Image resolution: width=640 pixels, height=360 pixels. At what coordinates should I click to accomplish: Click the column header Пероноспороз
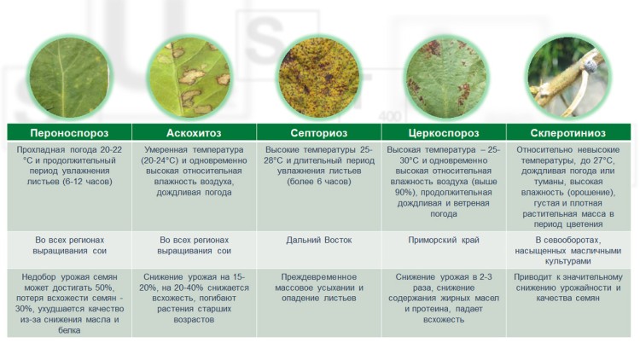[x=69, y=132]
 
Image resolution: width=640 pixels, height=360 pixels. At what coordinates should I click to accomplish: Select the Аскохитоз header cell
[x=194, y=132]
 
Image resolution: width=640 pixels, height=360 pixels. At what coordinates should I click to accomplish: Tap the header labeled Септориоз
[x=319, y=132]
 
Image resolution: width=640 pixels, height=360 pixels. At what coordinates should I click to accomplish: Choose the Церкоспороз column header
[x=444, y=132]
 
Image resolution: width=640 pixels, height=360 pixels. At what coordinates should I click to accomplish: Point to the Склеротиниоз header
[x=568, y=132]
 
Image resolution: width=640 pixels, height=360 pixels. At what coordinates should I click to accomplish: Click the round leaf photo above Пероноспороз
[x=69, y=78]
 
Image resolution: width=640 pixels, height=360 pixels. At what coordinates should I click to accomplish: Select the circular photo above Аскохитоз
[x=189, y=78]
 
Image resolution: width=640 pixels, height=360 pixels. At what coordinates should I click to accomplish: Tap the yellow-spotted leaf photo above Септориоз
[x=319, y=78]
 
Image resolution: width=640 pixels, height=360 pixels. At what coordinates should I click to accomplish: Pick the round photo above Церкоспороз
[x=446, y=78]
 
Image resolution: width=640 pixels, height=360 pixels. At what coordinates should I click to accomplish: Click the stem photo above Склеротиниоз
[x=568, y=78]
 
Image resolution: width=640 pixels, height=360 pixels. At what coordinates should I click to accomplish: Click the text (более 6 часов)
[x=319, y=182]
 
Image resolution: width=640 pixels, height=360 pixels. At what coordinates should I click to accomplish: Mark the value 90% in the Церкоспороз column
[x=404, y=193]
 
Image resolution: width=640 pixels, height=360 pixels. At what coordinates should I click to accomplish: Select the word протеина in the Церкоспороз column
[x=432, y=309]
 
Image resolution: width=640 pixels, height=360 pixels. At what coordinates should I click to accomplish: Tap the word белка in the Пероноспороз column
[x=69, y=330]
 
